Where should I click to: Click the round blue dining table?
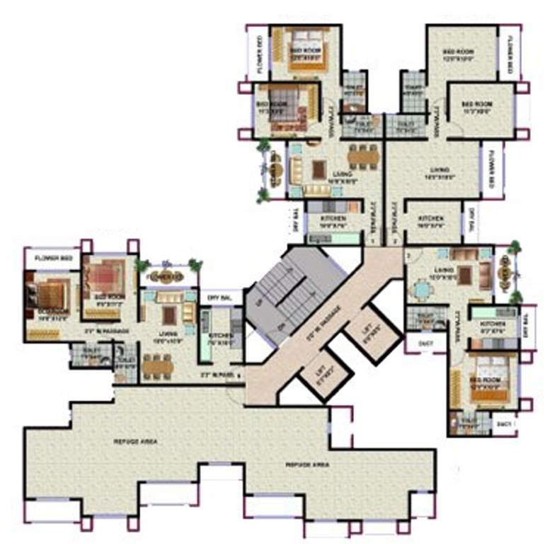tap(423, 288)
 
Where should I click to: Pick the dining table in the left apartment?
tap(156, 365)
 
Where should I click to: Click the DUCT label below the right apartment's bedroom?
tap(504, 424)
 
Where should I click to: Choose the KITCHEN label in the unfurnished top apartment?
tap(430, 219)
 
